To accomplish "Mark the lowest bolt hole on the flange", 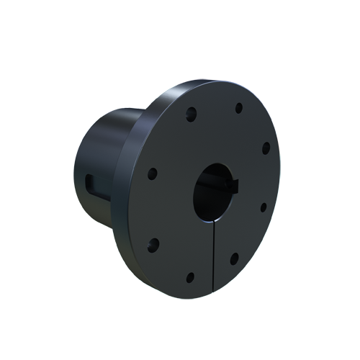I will (x=189, y=276).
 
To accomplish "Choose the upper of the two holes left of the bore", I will (x=153, y=173).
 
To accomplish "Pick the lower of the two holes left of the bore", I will (x=152, y=242).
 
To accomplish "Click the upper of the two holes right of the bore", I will (x=265, y=148).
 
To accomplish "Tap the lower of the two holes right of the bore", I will (x=263, y=207).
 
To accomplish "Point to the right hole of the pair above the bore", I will (x=238, y=109).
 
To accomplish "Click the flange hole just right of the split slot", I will (x=234, y=257).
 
